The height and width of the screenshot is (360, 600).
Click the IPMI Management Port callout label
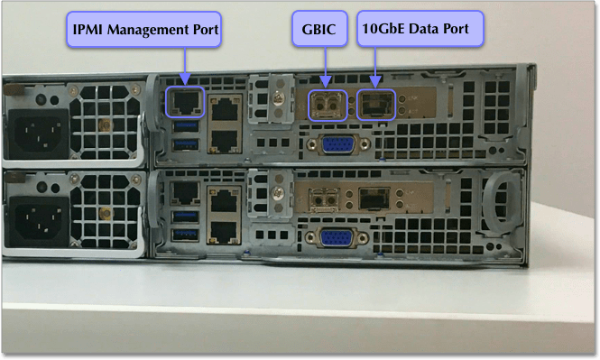[x=145, y=30]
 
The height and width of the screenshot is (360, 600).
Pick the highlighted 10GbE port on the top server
[x=374, y=105]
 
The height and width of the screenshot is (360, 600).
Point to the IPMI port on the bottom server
[x=187, y=191]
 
